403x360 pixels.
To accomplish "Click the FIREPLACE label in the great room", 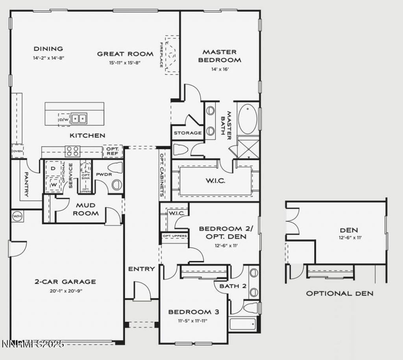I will click(x=161, y=55).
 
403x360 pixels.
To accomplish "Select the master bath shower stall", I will click(x=248, y=147).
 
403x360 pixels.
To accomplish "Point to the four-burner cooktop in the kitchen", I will click(x=72, y=151).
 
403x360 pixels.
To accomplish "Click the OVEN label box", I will click(x=17, y=151).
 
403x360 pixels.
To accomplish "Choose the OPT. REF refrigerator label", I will click(x=113, y=151).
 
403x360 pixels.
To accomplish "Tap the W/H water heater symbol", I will click(x=17, y=216).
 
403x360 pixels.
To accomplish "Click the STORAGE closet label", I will click(x=188, y=133).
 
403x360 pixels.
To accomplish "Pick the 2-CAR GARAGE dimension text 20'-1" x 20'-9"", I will click(x=65, y=291).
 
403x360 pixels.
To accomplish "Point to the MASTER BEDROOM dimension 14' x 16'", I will click(x=219, y=69).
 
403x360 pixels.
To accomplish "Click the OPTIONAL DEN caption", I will click(x=340, y=293).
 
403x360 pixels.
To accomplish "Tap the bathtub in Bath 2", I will click(x=242, y=324).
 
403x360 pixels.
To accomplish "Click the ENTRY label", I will click(x=141, y=269).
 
